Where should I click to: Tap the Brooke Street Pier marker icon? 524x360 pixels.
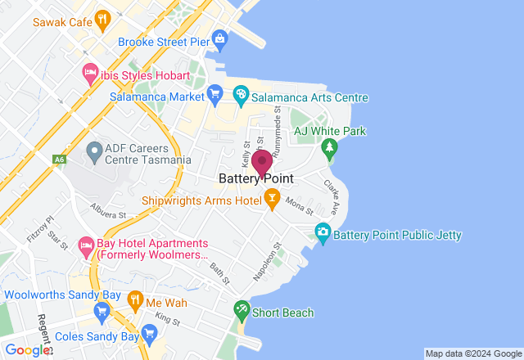click(219, 38)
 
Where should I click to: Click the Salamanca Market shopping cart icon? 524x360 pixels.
click(215, 94)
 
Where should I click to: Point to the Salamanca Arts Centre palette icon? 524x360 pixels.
click(242, 94)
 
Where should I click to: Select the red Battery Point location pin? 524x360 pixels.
click(262, 163)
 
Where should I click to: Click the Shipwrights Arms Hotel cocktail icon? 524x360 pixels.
click(272, 199)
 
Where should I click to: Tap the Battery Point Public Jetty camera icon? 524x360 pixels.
click(323, 234)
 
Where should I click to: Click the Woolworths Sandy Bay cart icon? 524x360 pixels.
click(102, 310)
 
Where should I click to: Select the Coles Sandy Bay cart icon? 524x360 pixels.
click(149, 332)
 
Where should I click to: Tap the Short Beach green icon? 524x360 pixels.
click(242, 310)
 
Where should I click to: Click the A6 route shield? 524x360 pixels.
click(59, 160)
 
